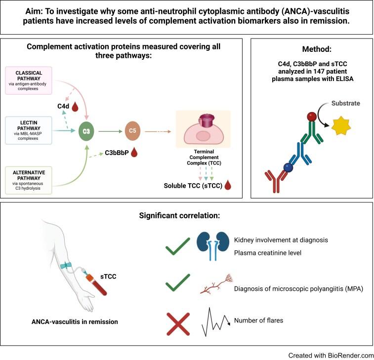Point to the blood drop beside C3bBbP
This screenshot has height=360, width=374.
134,153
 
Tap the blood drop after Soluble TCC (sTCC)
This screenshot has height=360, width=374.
227,186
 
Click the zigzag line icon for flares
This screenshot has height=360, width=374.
216,321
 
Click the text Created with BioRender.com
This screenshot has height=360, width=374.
331,354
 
